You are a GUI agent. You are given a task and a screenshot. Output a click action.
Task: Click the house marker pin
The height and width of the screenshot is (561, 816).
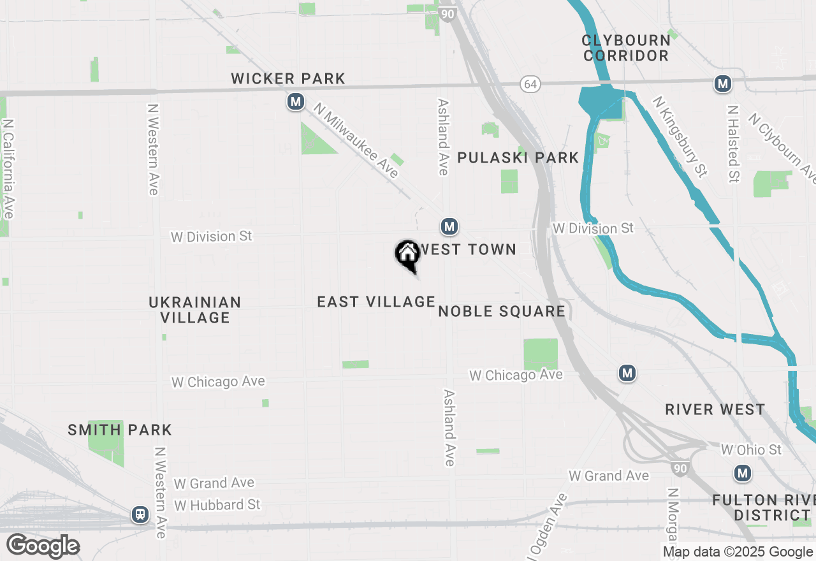(407, 255)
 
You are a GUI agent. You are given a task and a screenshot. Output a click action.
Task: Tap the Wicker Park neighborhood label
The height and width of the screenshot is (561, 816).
(288, 78)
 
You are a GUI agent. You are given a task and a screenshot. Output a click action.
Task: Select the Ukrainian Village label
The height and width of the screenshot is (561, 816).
(194, 310)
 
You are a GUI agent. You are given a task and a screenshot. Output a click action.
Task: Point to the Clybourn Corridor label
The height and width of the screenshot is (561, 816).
(626, 48)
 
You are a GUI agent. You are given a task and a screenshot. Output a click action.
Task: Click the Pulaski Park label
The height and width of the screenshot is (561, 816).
(518, 157)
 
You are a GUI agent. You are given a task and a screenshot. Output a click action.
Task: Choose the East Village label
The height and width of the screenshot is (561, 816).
(376, 302)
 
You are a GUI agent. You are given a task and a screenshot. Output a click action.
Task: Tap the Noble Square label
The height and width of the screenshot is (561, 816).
(502, 311)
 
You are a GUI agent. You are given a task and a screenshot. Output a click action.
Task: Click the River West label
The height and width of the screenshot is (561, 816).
(715, 409)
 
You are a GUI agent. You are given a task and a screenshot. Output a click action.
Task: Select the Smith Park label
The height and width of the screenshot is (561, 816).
(120, 430)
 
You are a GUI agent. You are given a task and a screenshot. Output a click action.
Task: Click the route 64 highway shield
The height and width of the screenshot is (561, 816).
(530, 84)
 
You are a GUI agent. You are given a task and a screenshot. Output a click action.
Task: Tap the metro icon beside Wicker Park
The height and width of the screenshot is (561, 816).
(295, 101)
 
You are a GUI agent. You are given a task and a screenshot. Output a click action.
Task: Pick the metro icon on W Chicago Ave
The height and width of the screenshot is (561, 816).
(627, 373)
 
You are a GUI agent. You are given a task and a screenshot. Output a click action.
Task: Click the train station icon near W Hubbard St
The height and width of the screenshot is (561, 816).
(140, 514)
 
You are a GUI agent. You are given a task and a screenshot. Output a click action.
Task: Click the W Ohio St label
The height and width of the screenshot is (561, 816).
(751, 449)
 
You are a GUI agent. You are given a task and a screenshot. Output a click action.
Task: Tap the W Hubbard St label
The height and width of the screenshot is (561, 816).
(217, 505)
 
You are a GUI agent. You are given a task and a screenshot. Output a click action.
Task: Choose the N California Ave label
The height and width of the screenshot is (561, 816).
(8, 168)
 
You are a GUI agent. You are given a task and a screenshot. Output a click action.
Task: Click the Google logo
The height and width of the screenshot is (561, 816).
(43, 546)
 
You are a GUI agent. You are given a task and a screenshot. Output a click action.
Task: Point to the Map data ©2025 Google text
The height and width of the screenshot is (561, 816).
(738, 552)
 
